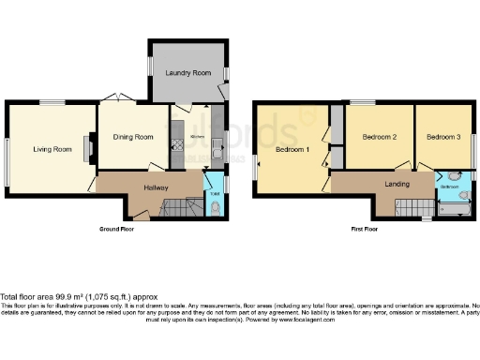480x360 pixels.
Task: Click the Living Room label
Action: (x=52, y=149)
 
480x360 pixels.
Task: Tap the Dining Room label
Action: (x=133, y=138)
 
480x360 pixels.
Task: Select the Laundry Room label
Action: (x=187, y=72)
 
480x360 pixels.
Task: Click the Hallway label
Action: (x=156, y=187)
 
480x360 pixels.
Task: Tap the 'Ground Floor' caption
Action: (x=119, y=229)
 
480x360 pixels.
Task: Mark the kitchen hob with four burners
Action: (x=174, y=144)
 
